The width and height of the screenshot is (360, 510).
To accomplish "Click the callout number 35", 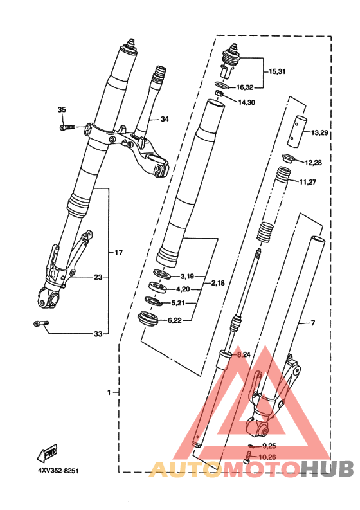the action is point(62,109).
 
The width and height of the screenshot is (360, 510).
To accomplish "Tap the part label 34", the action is point(165,119).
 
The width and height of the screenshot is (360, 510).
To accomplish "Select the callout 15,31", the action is point(277,71).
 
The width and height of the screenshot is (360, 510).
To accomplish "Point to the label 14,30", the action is point(246,102).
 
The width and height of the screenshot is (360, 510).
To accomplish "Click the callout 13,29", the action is point(319,132).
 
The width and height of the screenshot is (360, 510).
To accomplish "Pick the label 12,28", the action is point(313,163).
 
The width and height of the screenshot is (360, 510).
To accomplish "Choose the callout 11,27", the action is point(308,182).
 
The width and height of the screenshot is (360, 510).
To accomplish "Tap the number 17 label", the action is point(119,252).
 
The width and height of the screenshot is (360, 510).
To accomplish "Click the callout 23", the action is point(98,277).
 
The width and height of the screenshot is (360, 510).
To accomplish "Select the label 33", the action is point(98,334).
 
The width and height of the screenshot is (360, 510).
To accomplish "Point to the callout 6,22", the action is point(175,321).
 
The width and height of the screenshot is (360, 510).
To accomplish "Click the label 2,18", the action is point(218,283).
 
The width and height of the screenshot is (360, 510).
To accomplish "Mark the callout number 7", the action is point(313,323).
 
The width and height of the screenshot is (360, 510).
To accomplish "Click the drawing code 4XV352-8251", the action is point(59,471).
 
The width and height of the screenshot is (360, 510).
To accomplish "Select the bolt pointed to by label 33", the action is point(41,323).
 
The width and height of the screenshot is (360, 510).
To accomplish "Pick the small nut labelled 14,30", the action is point(220,93).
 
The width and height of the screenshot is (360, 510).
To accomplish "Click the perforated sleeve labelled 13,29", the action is point(297,131).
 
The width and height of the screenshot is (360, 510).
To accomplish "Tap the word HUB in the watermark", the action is point(327,469).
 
